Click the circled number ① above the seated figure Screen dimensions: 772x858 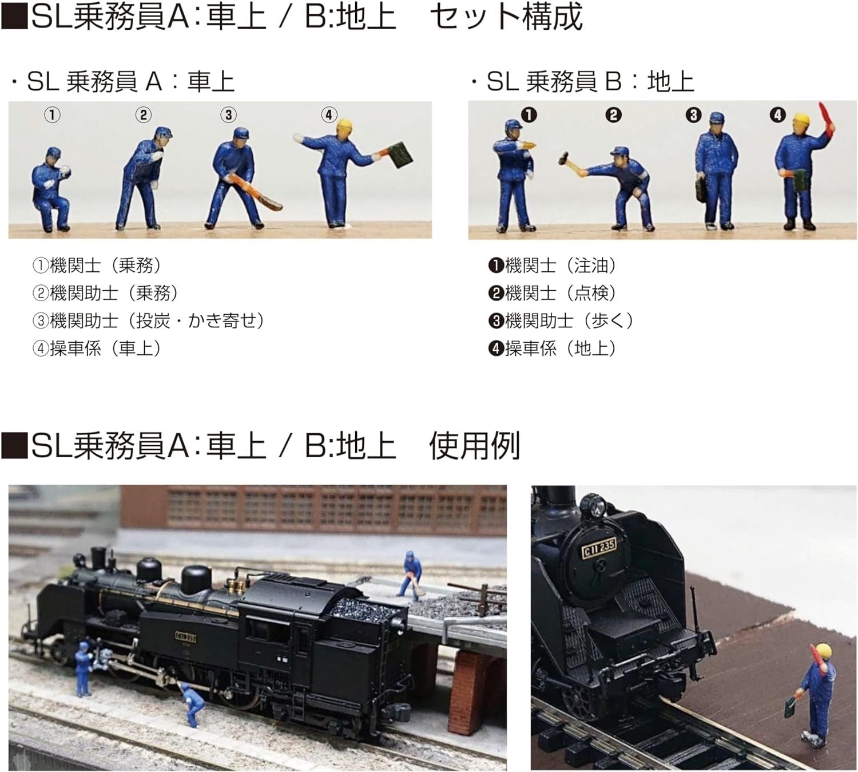pos(52,115)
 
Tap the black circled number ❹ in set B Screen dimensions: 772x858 pos(777,115)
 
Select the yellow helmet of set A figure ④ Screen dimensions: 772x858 pos(344,128)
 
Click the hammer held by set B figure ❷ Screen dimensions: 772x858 pos(566,160)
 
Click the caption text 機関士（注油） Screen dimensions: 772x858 pos(554,266)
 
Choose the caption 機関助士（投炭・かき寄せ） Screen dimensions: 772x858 pos(150,320)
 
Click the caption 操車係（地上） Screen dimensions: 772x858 pos(554,348)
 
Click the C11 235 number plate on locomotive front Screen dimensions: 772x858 pos(599,548)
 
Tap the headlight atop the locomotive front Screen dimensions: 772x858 pos(593,506)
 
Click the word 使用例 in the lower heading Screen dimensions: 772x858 pos(474,445)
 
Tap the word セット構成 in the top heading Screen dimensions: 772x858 pos(506,17)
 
